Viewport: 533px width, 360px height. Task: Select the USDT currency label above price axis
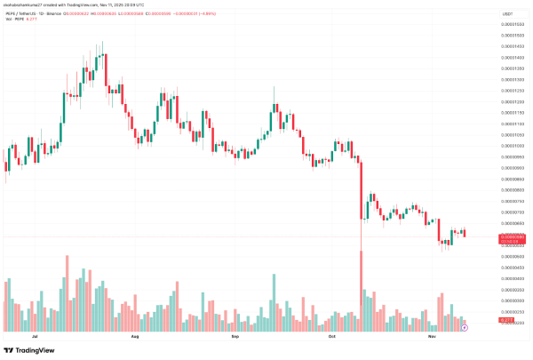[x=507, y=14]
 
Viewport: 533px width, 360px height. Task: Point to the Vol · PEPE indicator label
[x=12, y=20]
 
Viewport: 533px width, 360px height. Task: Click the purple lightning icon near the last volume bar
[x=465, y=328]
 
